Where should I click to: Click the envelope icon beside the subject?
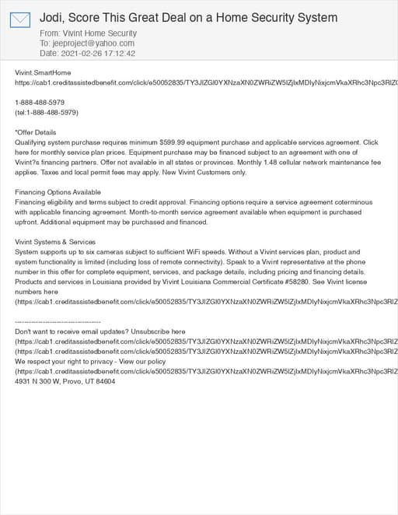[19, 19]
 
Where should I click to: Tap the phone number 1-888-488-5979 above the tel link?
[40, 102]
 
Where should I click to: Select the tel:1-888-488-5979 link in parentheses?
[48, 112]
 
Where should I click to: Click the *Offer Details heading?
[36, 132]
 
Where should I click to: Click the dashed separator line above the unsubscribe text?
[58, 321]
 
